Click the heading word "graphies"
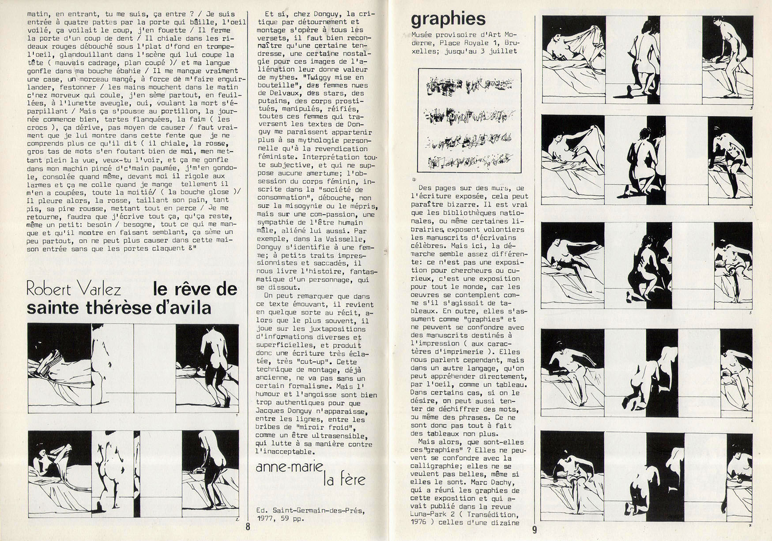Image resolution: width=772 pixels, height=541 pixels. tap(448, 19)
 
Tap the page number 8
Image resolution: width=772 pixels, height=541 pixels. tap(248, 526)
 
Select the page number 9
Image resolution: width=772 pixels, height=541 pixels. tap(535, 530)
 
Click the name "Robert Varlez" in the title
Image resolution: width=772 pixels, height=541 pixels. tap(74, 290)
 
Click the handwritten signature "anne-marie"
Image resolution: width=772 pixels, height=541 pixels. tap(290, 467)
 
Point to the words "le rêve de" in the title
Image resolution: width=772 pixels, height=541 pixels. tap(195, 290)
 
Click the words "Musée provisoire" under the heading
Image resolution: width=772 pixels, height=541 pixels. tap(439, 34)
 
